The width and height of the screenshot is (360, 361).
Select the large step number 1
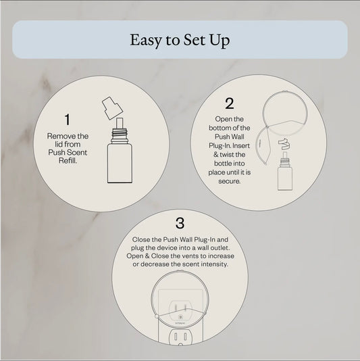[x=67, y=120]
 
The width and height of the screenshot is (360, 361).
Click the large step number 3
[x=180, y=223]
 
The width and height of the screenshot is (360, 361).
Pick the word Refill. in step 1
[x=67, y=162]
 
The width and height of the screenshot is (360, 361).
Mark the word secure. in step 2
[x=229, y=182]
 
